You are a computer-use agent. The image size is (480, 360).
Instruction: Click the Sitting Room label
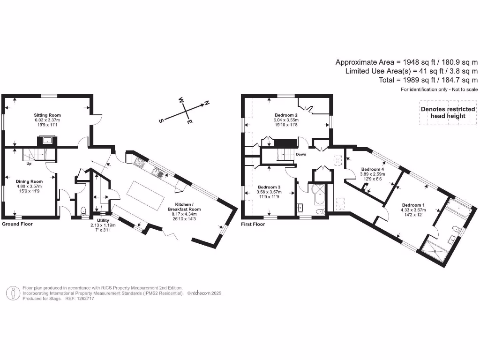pyautogui.click(x=47, y=115)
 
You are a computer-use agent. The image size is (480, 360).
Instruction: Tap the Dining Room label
pyautogui.click(x=29, y=181)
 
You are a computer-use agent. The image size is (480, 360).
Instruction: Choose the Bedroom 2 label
pyautogui.click(x=286, y=115)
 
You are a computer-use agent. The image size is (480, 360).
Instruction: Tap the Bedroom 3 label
pyautogui.click(x=269, y=187)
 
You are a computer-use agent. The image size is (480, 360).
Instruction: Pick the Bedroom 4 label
pyautogui.click(x=372, y=169)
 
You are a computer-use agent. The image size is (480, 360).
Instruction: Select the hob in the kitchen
pyautogui.click(x=139, y=163)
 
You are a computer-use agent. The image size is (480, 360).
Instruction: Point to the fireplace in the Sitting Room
pyautogui.click(x=47, y=139)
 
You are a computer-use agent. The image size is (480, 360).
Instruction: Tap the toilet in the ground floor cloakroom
pyautogui.click(x=83, y=210)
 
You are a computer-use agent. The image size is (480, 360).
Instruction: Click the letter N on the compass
pyautogui.click(x=206, y=103)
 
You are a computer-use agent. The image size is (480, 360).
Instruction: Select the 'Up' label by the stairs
pyautogui.click(x=29, y=164)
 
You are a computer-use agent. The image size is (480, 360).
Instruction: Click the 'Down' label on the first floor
pyautogui.click(x=301, y=154)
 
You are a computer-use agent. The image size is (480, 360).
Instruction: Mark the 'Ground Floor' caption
pyautogui.click(x=17, y=224)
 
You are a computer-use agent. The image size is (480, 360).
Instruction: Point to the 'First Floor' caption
pyautogui.click(x=253, y=224)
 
